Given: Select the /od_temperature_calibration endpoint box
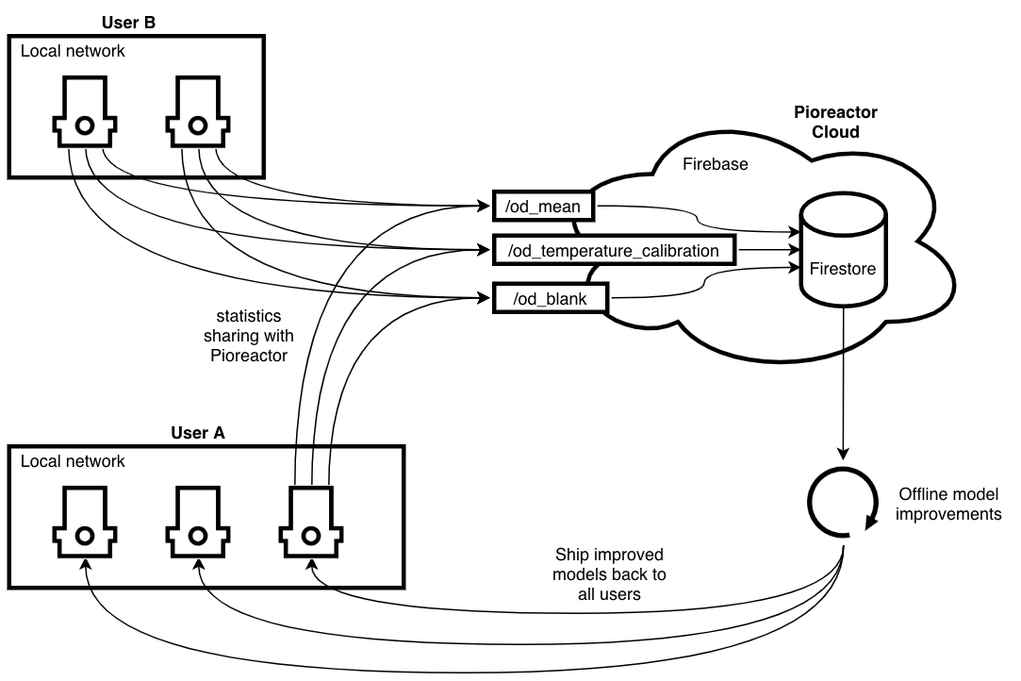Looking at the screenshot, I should [614, 251].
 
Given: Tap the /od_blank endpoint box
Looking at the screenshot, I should [551, 299].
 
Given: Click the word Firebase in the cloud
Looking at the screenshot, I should [715, 164].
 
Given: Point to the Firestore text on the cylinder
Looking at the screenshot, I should [843, 269].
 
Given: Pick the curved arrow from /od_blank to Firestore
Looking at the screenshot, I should [702, 284].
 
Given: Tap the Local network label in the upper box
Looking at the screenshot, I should [73, 51].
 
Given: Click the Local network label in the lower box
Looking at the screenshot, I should [73, 461].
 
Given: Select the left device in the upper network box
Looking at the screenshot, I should [84, 113].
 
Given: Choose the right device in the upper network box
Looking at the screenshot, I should [198, 113].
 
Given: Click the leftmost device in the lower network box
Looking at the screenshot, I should [84, 523].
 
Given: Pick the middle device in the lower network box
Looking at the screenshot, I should [198, 523].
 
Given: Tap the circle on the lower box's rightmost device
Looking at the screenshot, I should [310, 535].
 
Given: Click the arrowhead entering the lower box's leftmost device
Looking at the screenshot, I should [86, 568].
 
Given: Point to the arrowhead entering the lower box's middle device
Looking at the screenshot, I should [199, 568].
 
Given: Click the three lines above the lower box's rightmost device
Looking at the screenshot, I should [311, 467].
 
